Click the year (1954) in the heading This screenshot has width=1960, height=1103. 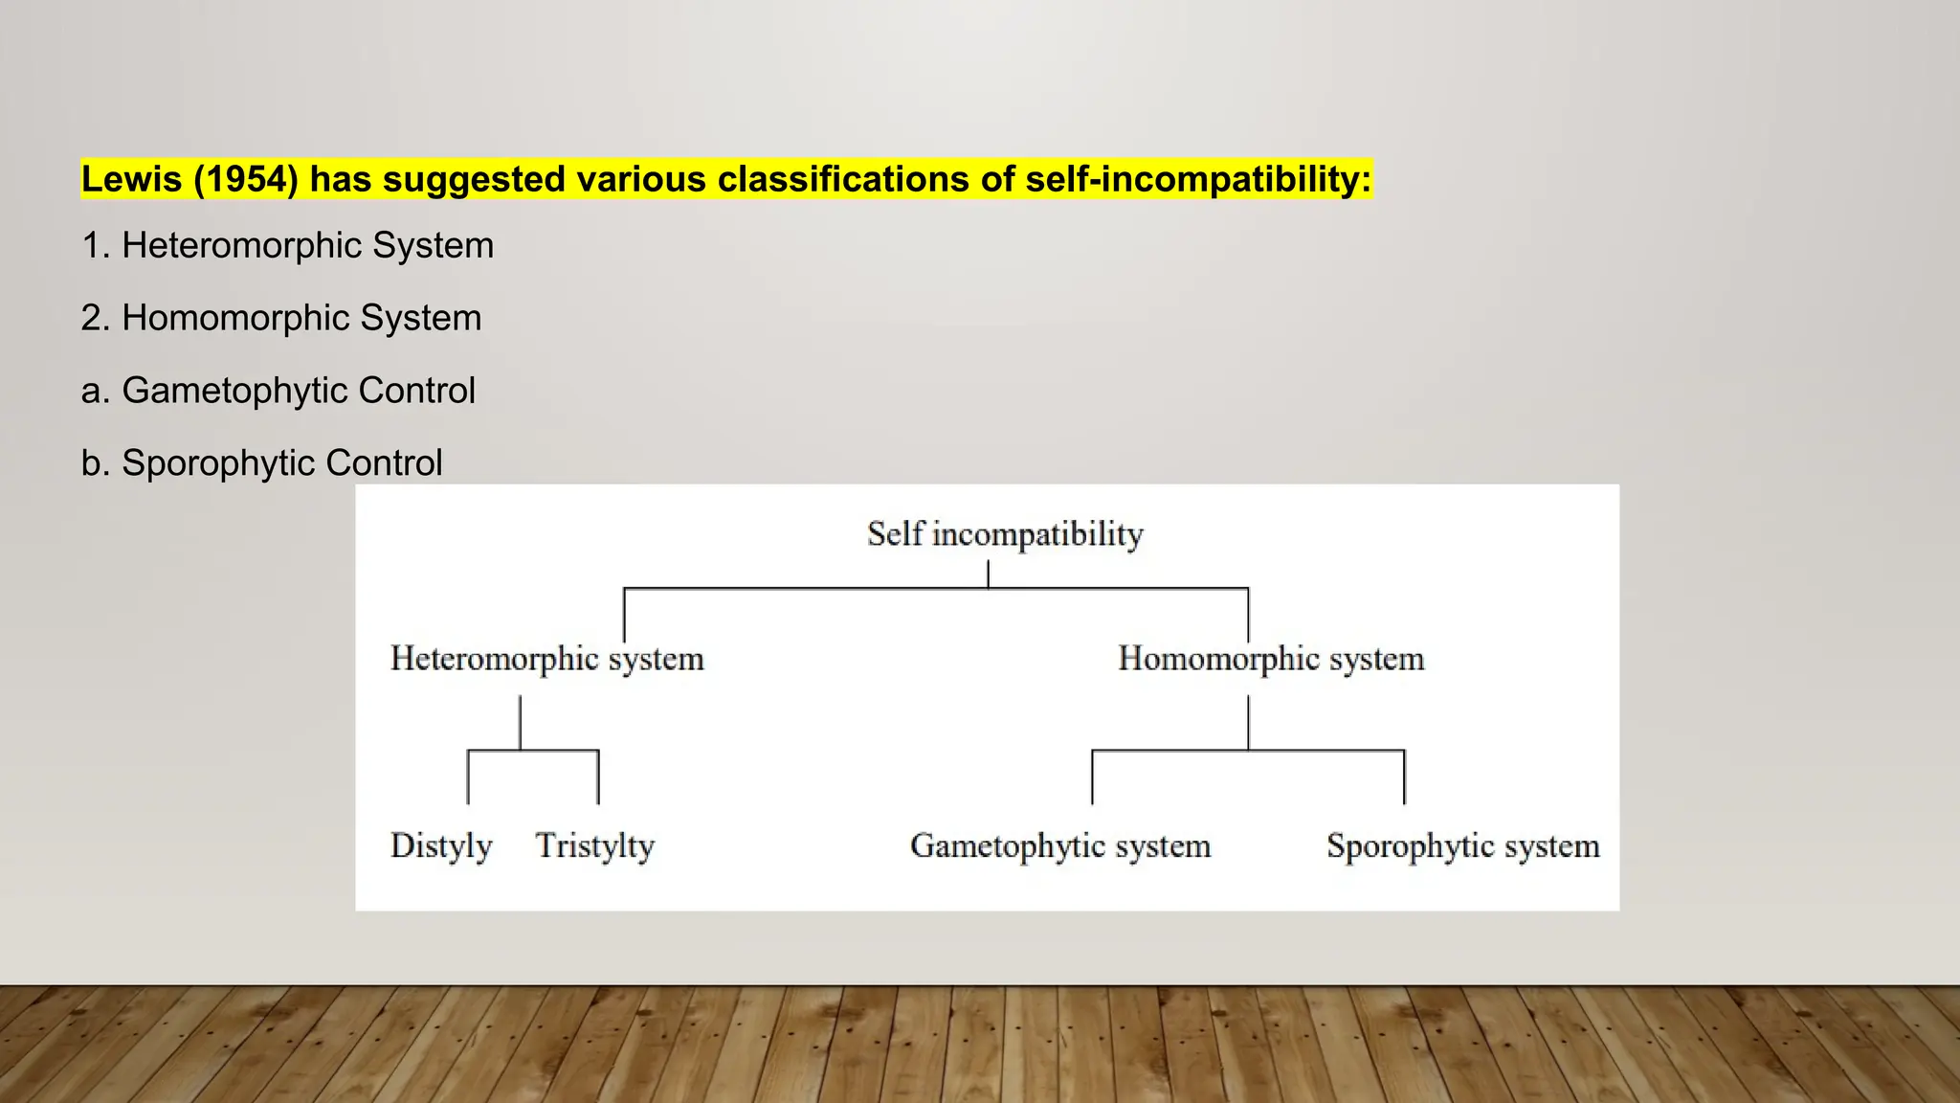point(246,179)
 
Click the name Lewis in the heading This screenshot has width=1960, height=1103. point(131,179)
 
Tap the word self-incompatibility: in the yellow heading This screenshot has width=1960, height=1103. point(1198,179)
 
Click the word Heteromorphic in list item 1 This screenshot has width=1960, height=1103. point(241,246)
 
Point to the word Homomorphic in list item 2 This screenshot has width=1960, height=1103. point(235,318)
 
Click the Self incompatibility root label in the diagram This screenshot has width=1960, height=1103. point(1005,534)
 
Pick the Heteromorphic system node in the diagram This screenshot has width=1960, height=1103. point(546,659)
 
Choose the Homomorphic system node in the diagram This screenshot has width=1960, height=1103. point(1271,659)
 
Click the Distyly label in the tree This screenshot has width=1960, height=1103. point(441,845)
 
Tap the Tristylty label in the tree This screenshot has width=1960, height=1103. point(594,845)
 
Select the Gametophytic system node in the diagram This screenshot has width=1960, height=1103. point(1060,845)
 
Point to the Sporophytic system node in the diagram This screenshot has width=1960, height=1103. point(1462,845)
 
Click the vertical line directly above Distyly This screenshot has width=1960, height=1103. point(468,777)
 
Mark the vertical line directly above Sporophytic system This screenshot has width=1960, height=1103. point(1404,777)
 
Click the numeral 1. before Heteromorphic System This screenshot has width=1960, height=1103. point(96,246)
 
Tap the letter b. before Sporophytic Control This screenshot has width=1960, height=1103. point(96,463)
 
